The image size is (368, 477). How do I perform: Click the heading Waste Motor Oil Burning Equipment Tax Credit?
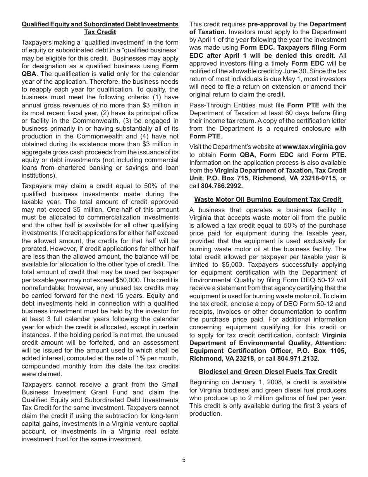[x=268, y=199]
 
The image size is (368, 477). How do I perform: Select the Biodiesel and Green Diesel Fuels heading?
[x=268, y=372]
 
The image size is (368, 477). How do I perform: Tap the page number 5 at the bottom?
[x=184, y=460]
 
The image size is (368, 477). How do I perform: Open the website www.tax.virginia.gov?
[x=314, y=147]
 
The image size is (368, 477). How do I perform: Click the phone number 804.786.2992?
[x=222, y=186]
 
